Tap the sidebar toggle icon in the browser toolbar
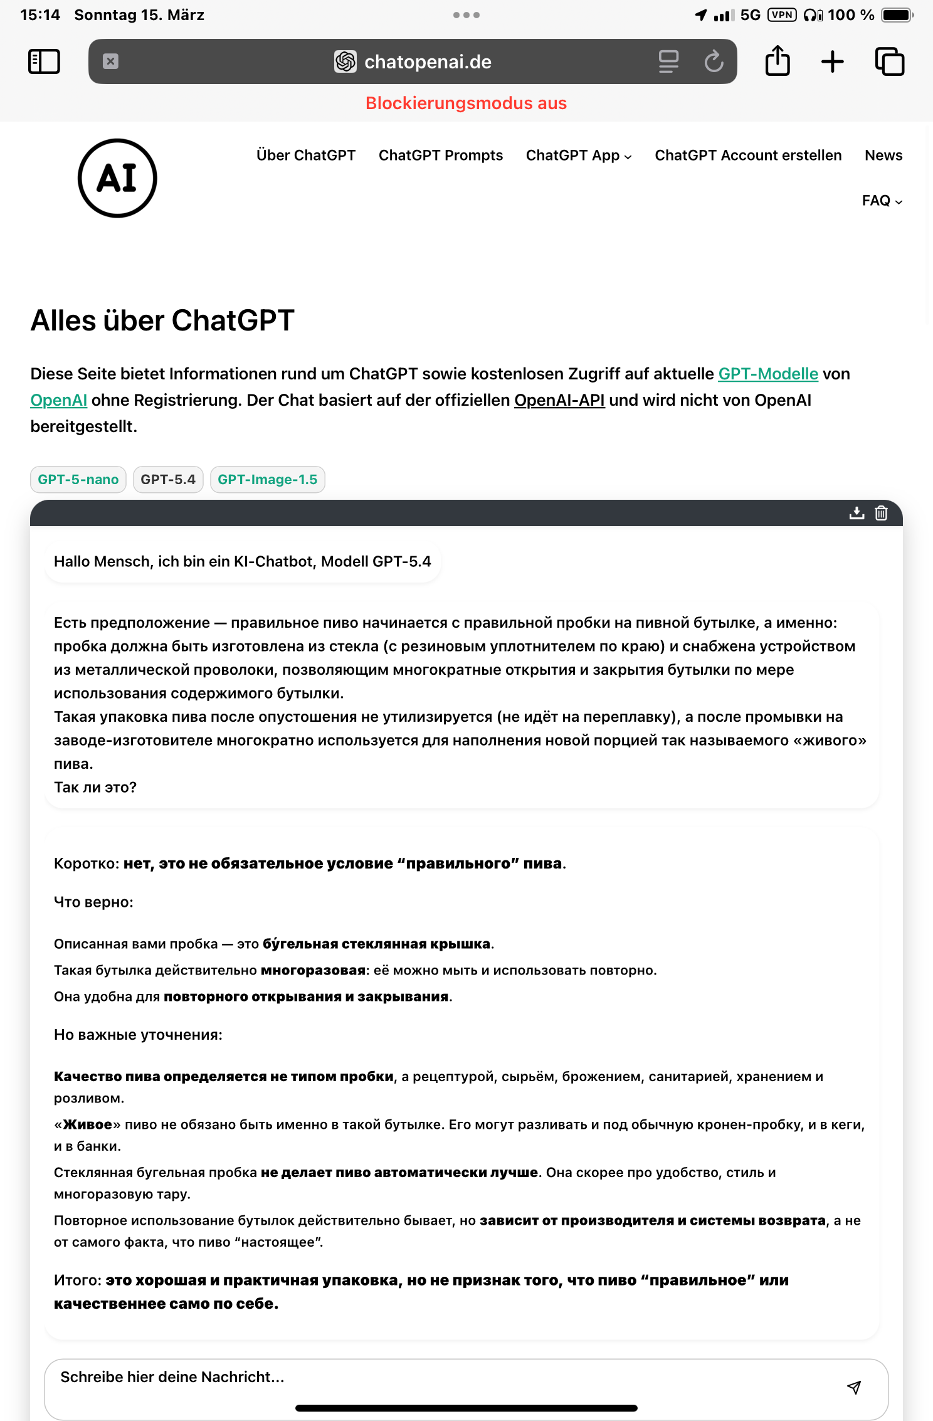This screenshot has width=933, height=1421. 44,61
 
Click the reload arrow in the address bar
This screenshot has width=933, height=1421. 714,61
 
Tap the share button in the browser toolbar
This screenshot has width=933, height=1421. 778,61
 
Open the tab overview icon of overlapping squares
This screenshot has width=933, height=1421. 889,61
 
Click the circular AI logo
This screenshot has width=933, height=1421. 117,178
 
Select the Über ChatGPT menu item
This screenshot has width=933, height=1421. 306,156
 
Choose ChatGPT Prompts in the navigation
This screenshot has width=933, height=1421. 441,156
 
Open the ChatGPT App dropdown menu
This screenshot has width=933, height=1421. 578,156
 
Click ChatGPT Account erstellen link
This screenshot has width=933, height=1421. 748,156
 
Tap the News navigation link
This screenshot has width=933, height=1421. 883,156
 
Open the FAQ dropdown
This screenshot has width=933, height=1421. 882,201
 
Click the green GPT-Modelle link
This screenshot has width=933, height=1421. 768,374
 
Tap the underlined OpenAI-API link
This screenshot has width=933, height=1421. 559,400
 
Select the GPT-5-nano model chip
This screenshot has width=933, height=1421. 78,480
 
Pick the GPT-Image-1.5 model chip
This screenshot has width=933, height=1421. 268,480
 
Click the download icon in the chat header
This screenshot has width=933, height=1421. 857,513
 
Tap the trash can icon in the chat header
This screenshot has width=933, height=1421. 881,513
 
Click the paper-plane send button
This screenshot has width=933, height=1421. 853,1387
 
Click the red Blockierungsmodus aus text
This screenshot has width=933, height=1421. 466,103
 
